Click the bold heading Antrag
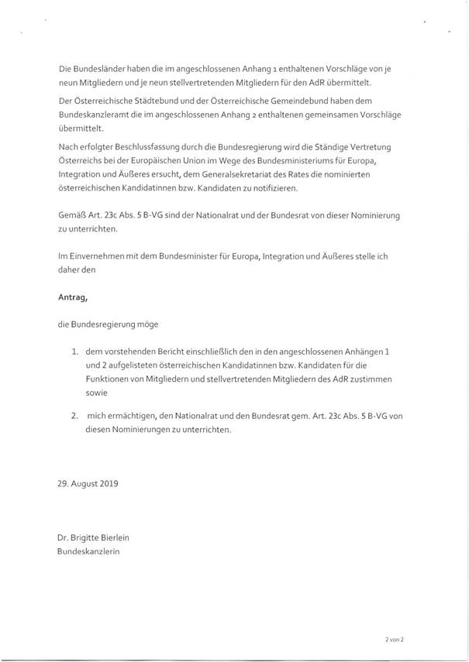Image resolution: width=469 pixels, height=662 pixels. pyautogui.click(x=74, y=295)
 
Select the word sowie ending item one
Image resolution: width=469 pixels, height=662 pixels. pyautogui.click(x=98, y=393)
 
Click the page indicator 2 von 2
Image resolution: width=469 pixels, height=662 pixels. pyautogui.click(x=394, y=640)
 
